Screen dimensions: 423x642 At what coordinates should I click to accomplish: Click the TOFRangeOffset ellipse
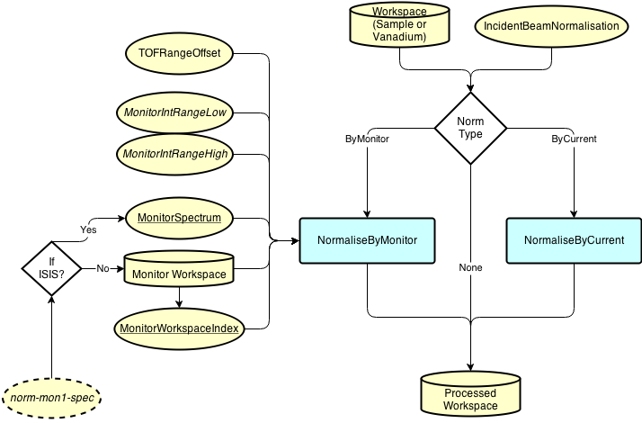(x=179, y=54)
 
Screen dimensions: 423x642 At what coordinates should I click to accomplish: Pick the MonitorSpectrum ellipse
(x=179, y=217)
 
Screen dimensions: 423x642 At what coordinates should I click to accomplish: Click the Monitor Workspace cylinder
(x=179, y=269)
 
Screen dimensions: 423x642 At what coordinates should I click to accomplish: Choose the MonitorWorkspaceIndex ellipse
(x=179, y=328)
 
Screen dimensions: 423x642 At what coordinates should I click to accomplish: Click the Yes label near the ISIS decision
(x=88, y=230)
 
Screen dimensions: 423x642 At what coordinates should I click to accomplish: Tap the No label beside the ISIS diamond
(x=103, y=268)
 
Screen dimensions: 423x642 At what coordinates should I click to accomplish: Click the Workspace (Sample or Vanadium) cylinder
(x=399, y=24)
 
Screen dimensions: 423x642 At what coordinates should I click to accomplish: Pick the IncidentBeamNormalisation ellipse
(x=551, y=26)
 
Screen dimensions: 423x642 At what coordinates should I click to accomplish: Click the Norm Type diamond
(x=470, y=128)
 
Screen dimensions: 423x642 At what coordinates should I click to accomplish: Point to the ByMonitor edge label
(x=367, y=139)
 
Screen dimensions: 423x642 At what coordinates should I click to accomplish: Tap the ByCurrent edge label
(x=574, y=139)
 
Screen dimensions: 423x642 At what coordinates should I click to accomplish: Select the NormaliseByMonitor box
(x=367, y=240)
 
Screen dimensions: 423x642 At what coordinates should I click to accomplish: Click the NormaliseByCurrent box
(x=574, y=240)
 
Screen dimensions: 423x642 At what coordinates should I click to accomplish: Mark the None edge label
(x=470, y=267)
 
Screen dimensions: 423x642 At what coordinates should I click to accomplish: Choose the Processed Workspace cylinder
(x=470, y=395)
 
